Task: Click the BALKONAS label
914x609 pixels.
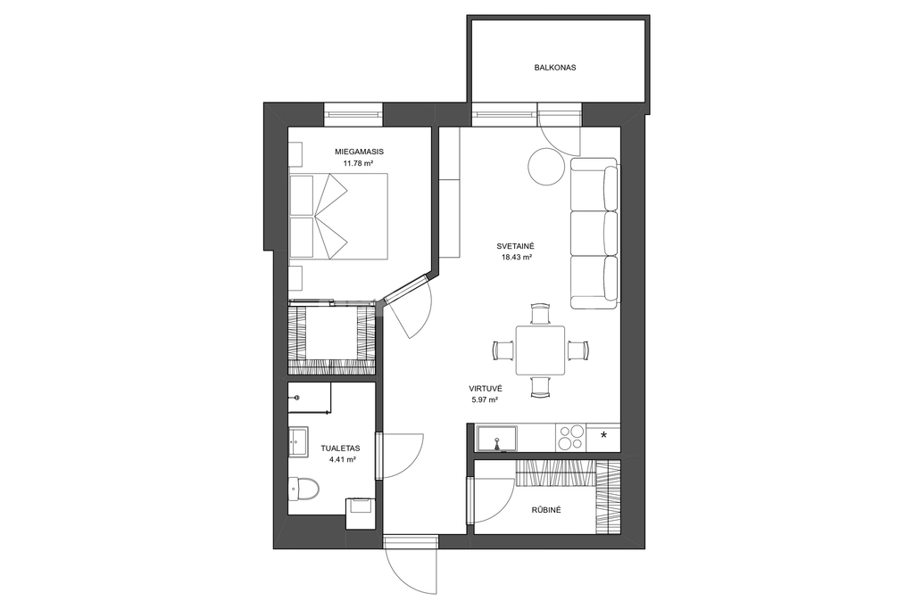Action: [555, 68]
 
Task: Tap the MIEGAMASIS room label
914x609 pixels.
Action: [359, 152]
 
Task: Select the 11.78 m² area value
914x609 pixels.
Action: [358, 163]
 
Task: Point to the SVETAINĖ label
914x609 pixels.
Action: [511, 246]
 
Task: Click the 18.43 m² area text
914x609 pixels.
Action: [517, 257]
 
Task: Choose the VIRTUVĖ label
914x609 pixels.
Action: [486, 389]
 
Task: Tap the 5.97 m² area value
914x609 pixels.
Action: [485, 400]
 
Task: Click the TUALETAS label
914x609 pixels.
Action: [340, 449]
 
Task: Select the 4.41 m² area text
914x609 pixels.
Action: [343, 459]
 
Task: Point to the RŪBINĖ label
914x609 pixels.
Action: [545, 510]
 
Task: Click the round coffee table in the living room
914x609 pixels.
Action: [546, 166]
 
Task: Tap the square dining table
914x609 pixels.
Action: [540, 350]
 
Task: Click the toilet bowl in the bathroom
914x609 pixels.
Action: [303, 489]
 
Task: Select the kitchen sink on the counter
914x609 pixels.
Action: [497, 439]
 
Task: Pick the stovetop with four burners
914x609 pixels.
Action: [571, 438]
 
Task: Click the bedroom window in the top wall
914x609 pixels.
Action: [353, 114]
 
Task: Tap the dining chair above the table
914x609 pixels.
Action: [540, 314]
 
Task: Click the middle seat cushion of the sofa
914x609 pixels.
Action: [594, 233]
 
